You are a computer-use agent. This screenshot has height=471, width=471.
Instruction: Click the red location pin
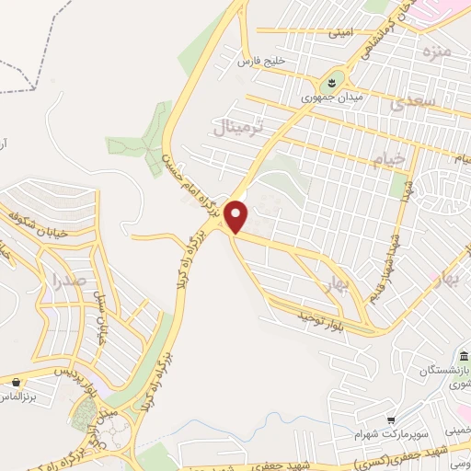[237, 217]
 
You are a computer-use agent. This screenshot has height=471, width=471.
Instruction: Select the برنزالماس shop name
[22, 396]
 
